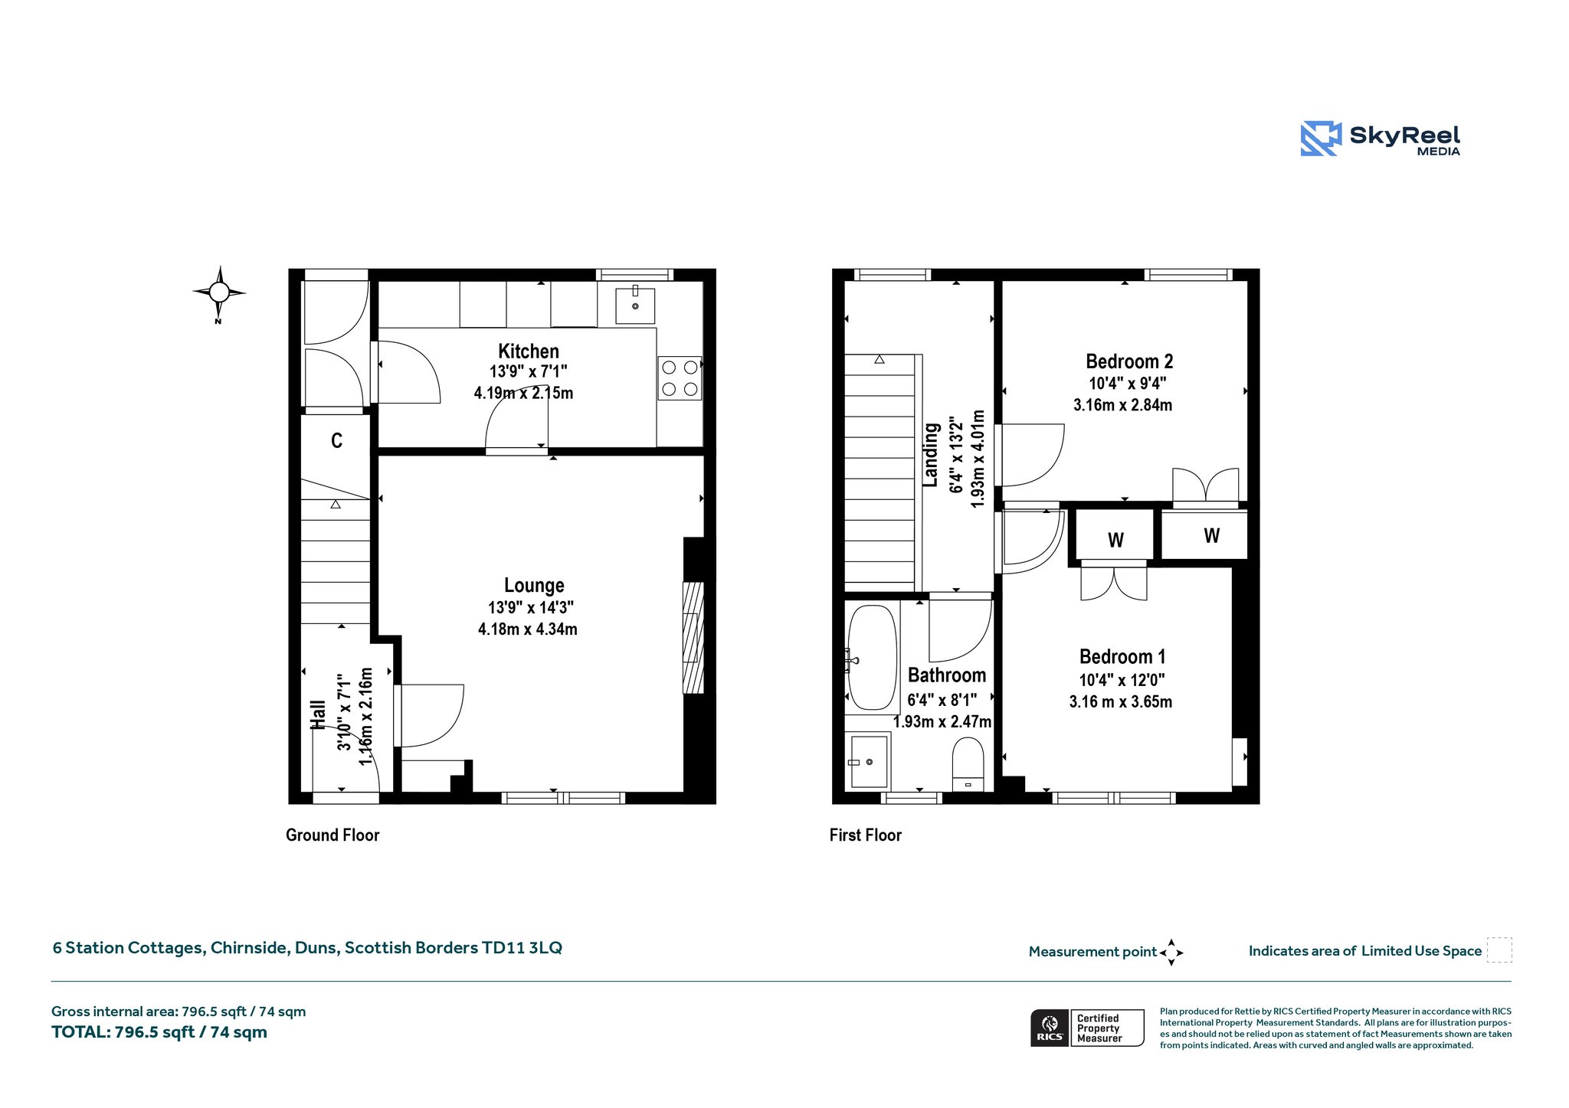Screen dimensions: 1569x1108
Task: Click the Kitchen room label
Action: click(x=529, y=351)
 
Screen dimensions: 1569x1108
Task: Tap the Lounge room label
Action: click(x=534, y=586)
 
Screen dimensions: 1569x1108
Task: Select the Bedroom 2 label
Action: click(x=1129, y=361)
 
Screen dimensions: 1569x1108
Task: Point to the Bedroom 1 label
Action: click(x=1122, y=657)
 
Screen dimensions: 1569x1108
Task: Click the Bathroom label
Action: click(x=947, y=675)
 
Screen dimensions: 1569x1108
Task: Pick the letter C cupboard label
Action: click(x=336, y=440)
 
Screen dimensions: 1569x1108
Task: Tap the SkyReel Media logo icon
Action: click(x=1321, y=139)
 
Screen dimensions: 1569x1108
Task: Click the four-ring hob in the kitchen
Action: click(x=680, y=378)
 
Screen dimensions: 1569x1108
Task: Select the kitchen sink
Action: click(x=635, y=306)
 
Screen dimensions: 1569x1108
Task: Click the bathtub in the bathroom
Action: click(x=873, y=658)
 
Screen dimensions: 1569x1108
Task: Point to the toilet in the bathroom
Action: click(x=968, y=764)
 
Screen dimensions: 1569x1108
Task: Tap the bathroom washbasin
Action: click(x=868, y=761)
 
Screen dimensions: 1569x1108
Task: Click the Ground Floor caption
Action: click(x=332, y=835)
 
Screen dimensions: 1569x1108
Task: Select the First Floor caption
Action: click(x=866, y=835)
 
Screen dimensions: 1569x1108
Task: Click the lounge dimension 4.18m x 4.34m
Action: click(x=528, y=629)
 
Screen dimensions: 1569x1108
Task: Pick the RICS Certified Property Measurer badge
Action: click(x=1087, y=1028)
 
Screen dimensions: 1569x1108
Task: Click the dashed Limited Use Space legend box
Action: click(x=1499, y=949)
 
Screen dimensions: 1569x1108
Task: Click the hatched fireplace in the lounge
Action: click(x=693, y=638)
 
